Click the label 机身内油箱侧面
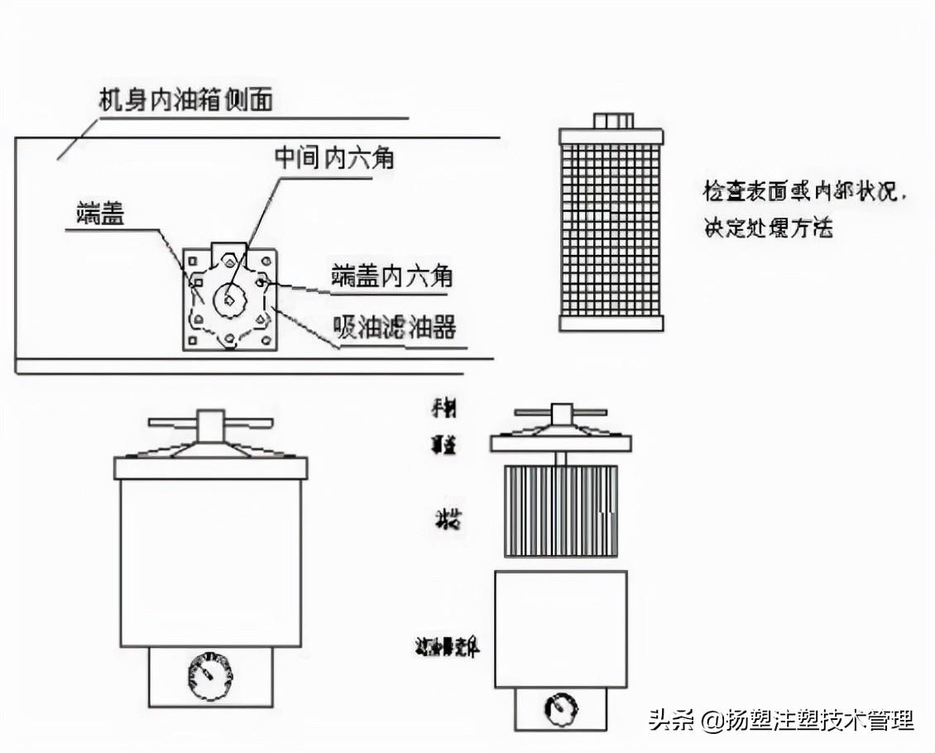click(x=185, y=101)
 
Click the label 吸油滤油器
click(x=394, y=328)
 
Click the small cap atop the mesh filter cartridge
click(x=613, y=121)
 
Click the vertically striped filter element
click(x=561, y=511)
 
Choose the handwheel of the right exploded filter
click(x=561, y=411)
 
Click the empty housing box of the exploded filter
click(x=561, y=629)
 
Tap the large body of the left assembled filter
click(x=210, y=563)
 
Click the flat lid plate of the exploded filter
click(x=561, y=444)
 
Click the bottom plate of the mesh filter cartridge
click(x=611, y=324)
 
